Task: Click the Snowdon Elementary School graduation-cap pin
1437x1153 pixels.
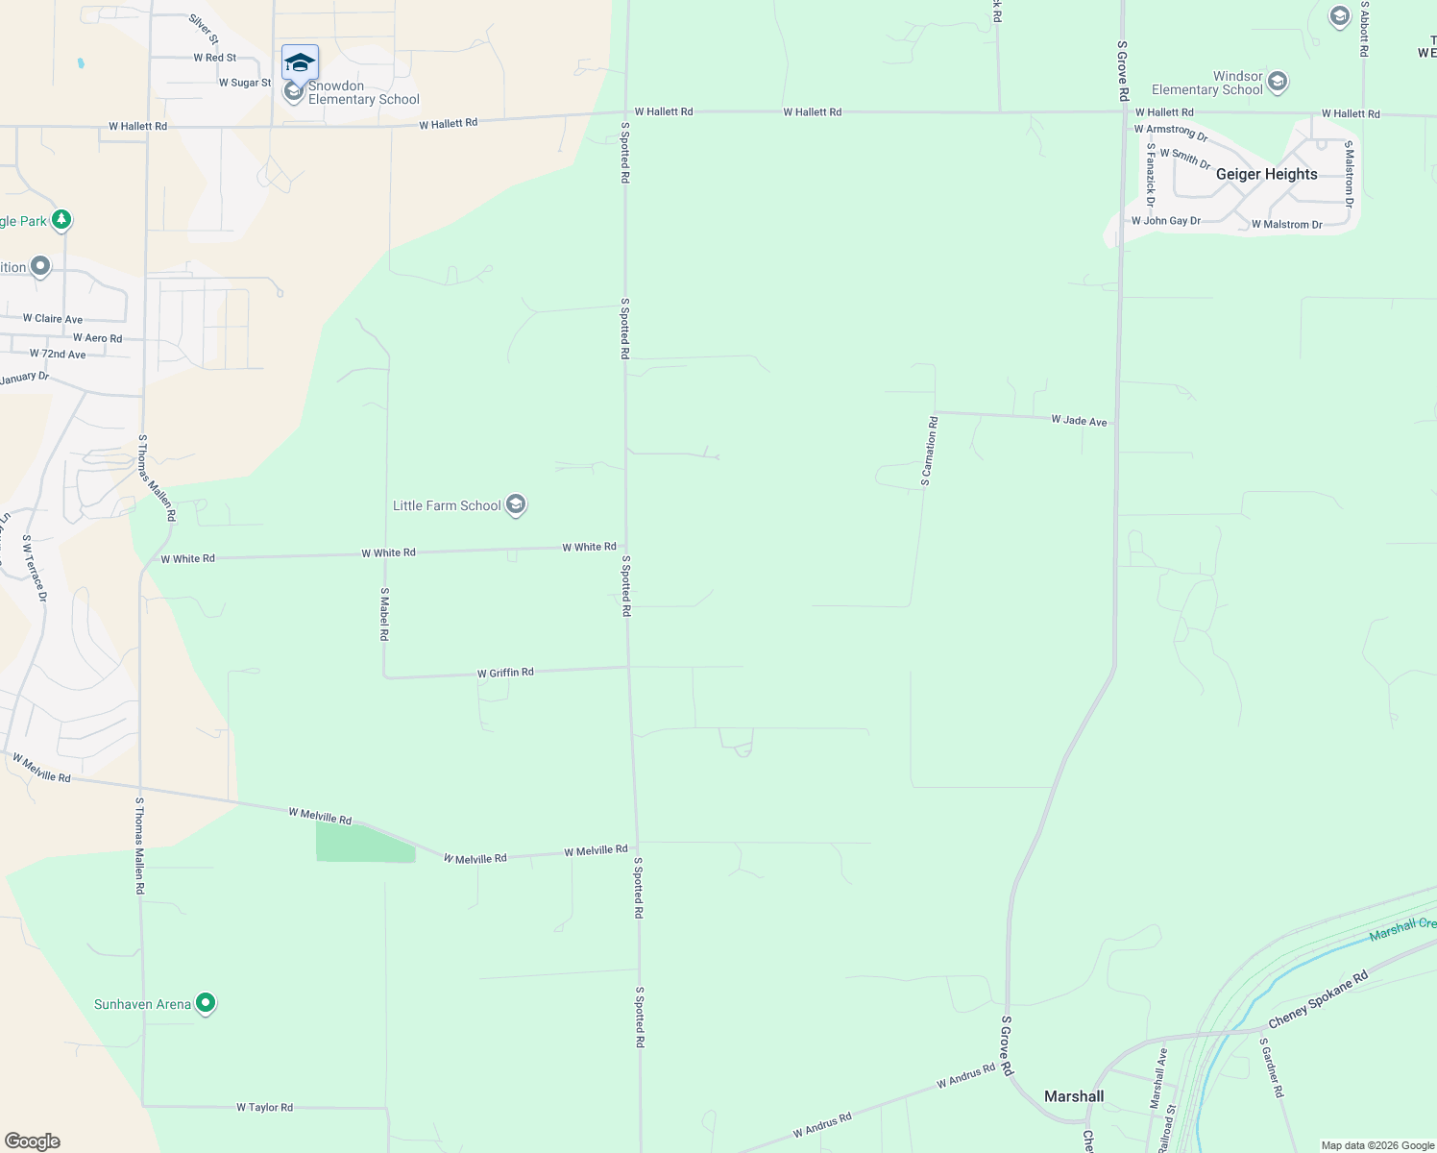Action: coord(300,63)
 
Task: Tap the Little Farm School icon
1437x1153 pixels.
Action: coord(516,505)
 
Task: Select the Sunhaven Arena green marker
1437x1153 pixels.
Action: coord(205,1004)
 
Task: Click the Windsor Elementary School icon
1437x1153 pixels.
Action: coord(1278,82)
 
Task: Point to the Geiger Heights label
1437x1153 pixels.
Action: coord(1266,174)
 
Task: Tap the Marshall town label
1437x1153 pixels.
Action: coord(1073,1096)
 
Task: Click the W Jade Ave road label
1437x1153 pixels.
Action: coord(1079,421)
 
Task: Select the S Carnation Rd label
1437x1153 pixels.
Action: coord(929,451)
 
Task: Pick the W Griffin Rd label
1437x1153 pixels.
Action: coord(505,673)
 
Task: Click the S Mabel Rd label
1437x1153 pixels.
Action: coord(384,614)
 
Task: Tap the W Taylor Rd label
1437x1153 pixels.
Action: coord(264,1108)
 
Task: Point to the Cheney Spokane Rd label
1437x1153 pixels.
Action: coord(1318,1000)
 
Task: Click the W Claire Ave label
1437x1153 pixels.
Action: coord(53,319)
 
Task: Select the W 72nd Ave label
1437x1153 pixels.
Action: coord(58,355)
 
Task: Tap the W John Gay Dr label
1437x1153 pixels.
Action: coord(1165,221)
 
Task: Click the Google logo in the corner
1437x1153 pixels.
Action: coord(33,1141)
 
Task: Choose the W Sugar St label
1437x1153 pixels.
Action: coord(245,83)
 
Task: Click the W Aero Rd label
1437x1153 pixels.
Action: coord(97,338)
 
